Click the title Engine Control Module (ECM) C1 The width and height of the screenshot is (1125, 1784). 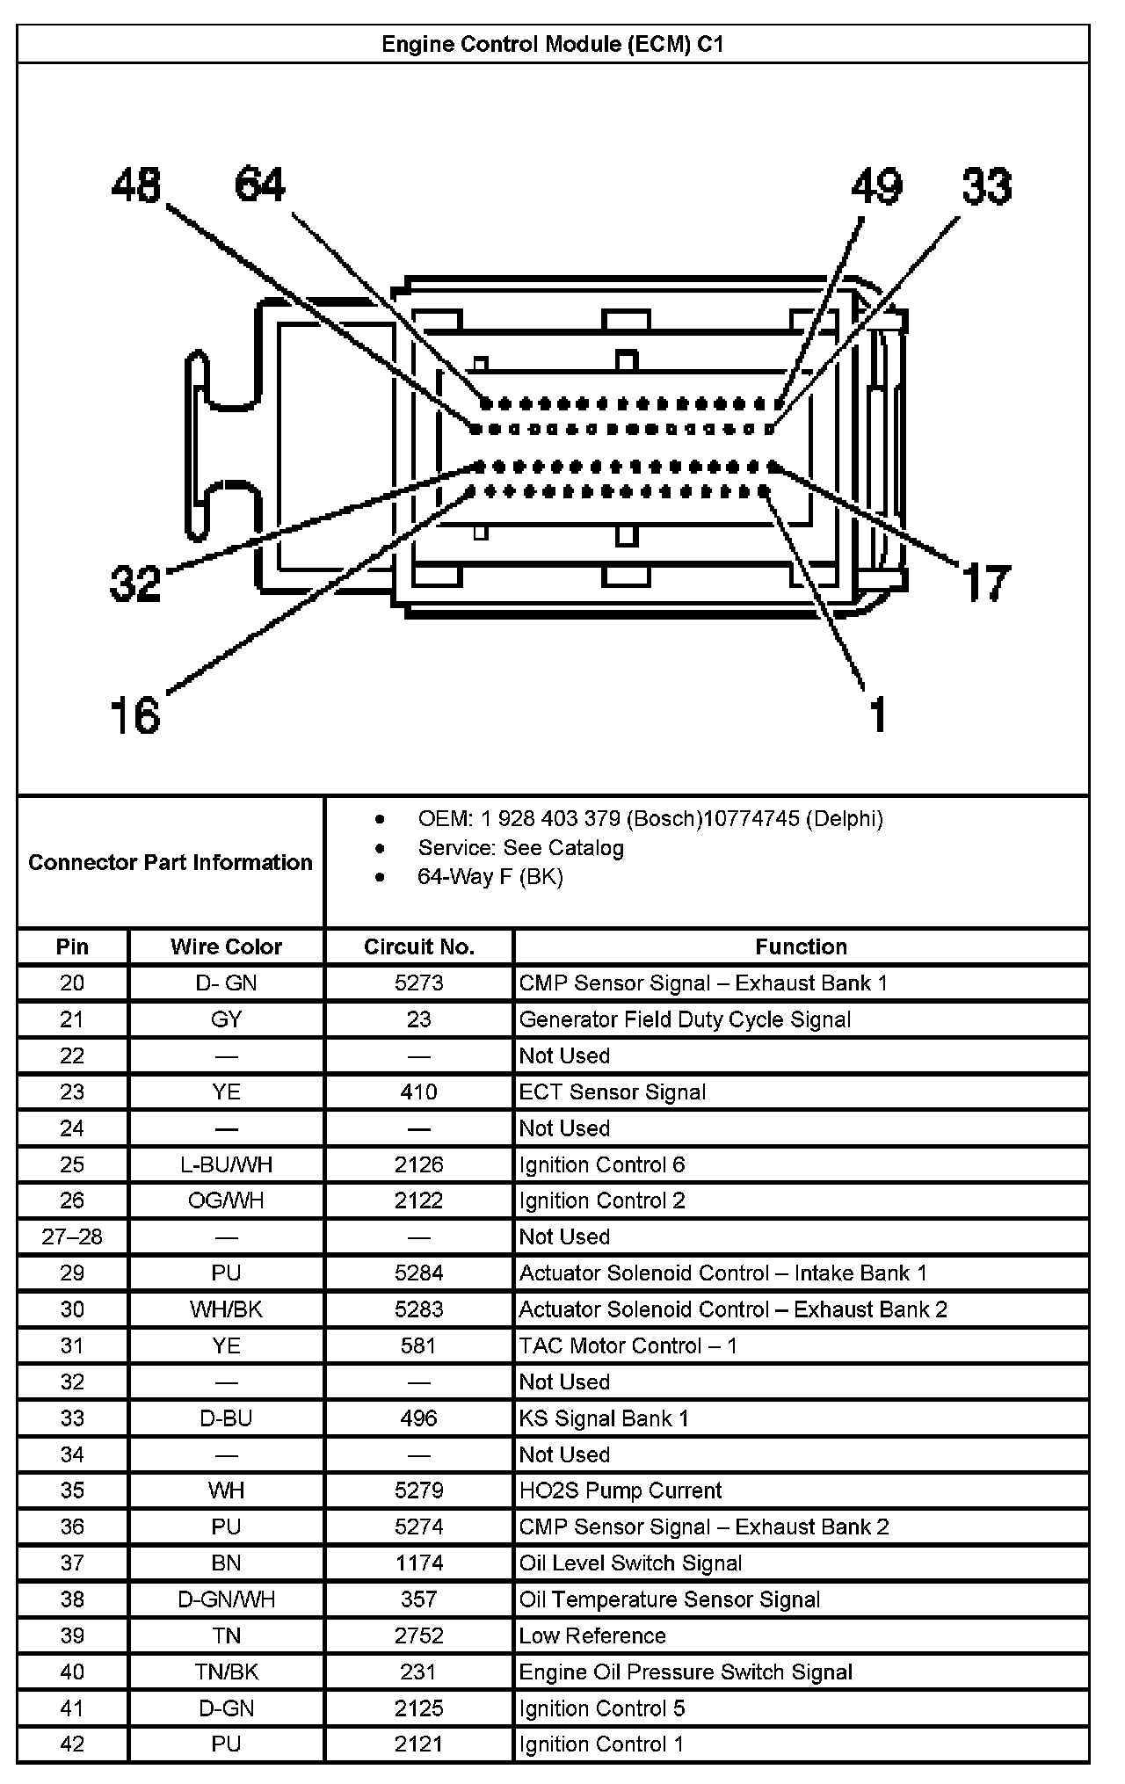(552, 44)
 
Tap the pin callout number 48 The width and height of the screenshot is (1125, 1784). (136, 185)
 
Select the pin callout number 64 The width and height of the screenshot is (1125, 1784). (260, 185)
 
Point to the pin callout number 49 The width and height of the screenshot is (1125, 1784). (876, 187)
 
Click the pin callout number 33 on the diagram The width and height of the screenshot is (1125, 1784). (986, 187)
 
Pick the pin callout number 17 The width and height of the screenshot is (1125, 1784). (986, 583)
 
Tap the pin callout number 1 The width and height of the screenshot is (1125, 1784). (878, 714)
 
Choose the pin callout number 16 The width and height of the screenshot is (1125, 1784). (135, 714)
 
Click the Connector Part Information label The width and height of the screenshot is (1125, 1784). (171, 862)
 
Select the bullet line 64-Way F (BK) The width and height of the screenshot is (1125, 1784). (490, 876)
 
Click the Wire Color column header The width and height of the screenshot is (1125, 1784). (226, 946)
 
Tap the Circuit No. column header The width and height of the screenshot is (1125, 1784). (418, 946)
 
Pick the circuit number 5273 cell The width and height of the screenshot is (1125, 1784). (418, 983)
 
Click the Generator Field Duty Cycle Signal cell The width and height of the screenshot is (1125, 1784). (685, 1019)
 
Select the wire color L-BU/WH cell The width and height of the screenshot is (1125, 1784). (226, 1164)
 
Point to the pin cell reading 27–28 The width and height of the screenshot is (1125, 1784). (72, 1236)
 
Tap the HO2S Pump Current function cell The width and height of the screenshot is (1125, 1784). (620, 1490)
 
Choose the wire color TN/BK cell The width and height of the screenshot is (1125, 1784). (226, 1672)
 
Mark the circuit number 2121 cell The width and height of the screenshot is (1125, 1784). (418, 1744)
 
